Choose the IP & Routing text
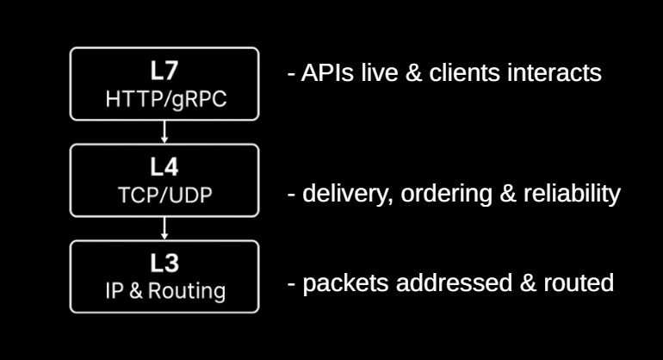point(164,291)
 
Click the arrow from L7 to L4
point(164,132)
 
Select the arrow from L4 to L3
point(164,228)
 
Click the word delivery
point(338,194)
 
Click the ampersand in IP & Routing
point(135,291)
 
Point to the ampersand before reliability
point(508,194)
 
